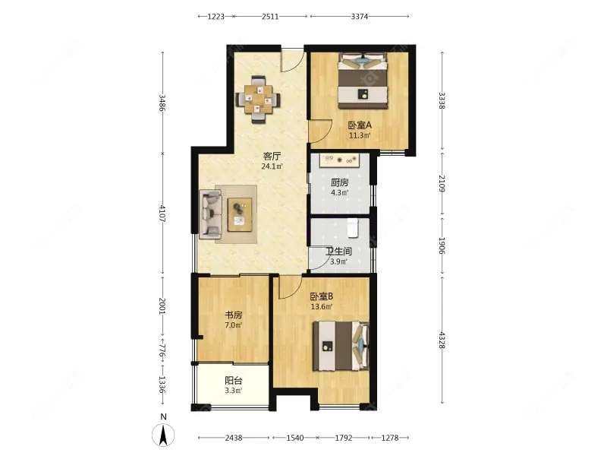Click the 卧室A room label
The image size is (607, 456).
pos(360,125)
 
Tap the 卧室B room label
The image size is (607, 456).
pos(321,296)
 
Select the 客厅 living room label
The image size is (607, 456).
pos(272,157)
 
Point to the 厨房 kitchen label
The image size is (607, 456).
pos(339,182)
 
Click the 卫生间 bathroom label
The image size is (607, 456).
pos(338,252)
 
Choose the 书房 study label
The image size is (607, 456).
pos(234,315)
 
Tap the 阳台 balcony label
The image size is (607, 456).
pos(234,381)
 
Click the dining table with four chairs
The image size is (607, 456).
pos(258,100)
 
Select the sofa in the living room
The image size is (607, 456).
pos(210,214)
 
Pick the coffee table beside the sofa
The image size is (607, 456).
pos(240,214)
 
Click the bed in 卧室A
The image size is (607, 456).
pos(363,81)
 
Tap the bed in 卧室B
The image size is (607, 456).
pos(341,346)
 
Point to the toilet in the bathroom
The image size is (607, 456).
pos(353,227)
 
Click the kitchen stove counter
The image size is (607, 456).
pos(340,160)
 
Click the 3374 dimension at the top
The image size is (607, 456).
pos(360,16)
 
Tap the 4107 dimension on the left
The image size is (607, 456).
pos(162,214)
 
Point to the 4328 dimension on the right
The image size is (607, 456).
pos(442,340)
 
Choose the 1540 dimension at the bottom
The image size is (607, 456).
pos(294,438)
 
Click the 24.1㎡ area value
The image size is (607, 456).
pos(272,166)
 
